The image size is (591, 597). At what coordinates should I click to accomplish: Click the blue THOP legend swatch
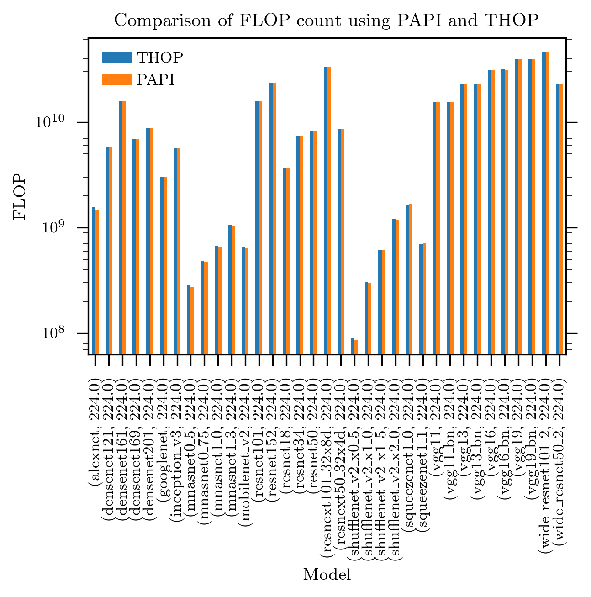[117, 58]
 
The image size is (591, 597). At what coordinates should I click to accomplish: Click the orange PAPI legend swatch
[117, 79]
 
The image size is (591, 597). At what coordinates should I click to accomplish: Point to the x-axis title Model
[327, 574]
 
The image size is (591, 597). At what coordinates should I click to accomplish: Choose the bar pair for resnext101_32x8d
[327, 210]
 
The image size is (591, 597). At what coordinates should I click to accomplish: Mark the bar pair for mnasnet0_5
[190, 320]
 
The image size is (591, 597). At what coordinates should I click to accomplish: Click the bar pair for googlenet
[163, 265]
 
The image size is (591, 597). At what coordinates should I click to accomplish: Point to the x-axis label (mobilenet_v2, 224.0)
[245, 452]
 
